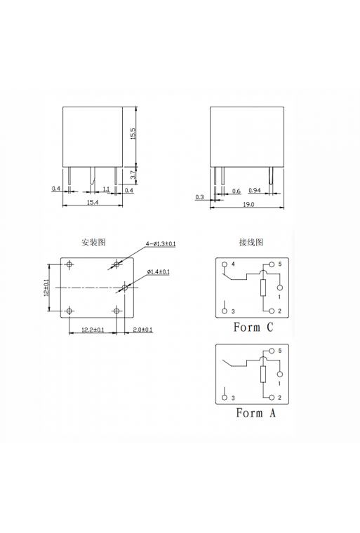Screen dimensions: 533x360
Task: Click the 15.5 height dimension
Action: [x=132, y=134]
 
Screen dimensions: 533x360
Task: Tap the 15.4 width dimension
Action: [x=93, y=202]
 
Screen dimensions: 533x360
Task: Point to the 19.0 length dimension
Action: [x=248, y=204]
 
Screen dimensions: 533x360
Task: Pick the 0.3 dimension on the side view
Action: [x=200, y=197]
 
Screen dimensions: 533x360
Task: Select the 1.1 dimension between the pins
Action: [x=106, y=189]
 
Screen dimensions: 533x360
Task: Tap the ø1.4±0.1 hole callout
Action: [x=159, y=271]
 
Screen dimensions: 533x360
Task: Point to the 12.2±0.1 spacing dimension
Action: [x=93, y=329]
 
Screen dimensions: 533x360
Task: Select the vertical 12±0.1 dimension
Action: [x=46, y=288]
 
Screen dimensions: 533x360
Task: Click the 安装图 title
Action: [x=93, y=242]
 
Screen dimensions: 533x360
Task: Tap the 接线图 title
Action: [x=251, y=242]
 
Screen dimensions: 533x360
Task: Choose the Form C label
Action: [x=253, y=327]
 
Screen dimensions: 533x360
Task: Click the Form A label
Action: [x=255, y=413]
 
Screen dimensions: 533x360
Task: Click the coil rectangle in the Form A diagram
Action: [x=263, y=372]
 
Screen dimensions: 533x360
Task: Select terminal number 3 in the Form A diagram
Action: [x=233, y=397]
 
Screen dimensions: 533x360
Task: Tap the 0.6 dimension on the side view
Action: [x=236, y=190]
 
